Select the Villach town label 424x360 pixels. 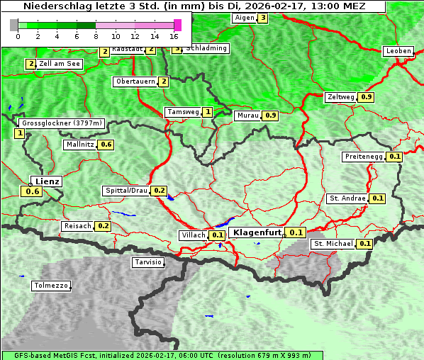click(x=194, y=235)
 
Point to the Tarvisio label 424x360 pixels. click(x=148, y=262)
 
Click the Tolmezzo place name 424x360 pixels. click(x=51, y=286)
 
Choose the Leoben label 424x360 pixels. click(x=398, y=51)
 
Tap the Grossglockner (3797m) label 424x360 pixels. click(x=62, y=123)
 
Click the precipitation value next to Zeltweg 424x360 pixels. click(x=367, y=97)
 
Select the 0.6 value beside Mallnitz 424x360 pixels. click(x=106, y=145)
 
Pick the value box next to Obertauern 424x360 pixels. click(x=164, y=81)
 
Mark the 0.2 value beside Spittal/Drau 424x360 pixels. click(x=160, y=191)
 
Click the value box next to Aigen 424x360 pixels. click(x=262, y=18)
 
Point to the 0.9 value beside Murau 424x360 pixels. click(x=270, y=115)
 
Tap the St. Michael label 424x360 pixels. click(x=333, y=244)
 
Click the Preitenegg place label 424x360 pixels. click(x=363, y=157)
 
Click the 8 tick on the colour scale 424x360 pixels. click(x=96, y=35)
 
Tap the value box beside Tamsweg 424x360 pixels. click(x=207, y=112)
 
